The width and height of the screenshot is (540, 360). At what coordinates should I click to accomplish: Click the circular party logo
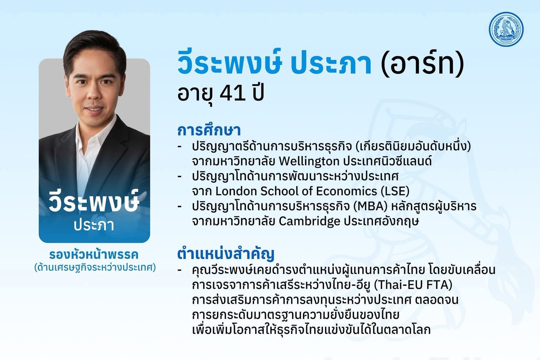(x=507, y=29)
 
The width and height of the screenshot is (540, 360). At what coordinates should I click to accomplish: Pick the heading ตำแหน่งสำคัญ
(x=225, y=254)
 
